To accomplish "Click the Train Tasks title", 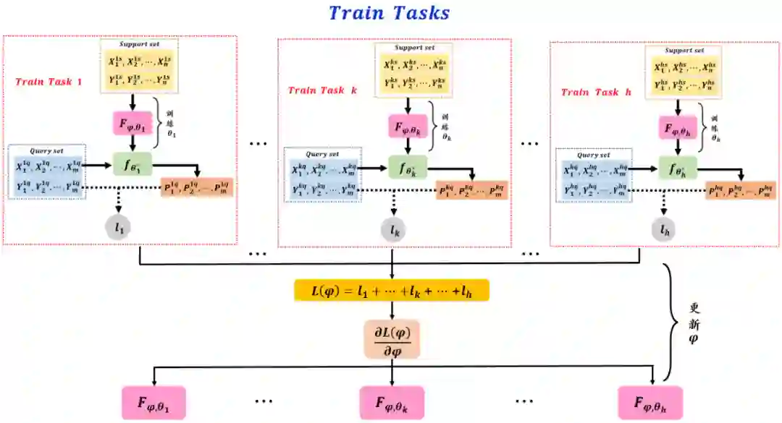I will [389, 13].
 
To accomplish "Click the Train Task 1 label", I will [49, 82].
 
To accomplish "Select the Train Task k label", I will [322, 90].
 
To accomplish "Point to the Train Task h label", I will [591, 93].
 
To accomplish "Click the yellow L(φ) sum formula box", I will [392, 290].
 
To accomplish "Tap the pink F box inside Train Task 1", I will [130, 123].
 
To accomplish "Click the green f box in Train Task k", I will [403, 167].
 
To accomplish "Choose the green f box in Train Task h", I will [677, 169].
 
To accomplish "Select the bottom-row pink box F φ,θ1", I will [154, 402].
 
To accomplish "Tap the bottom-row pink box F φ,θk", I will [392, 402].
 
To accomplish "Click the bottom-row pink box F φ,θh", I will [650, 402].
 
